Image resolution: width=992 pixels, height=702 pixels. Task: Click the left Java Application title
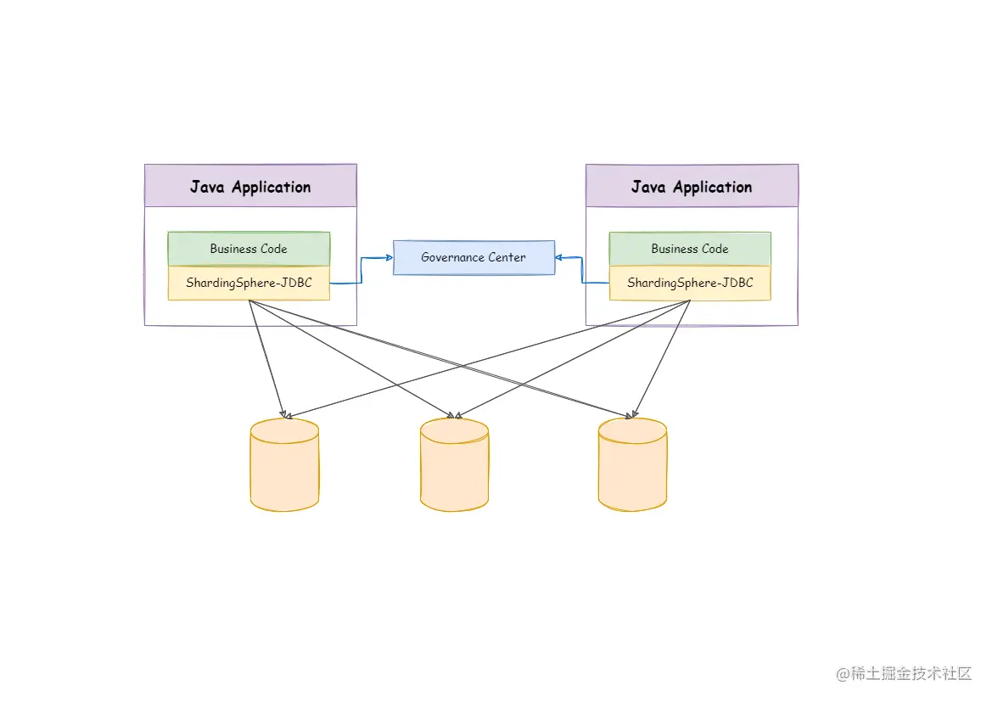pos(250,187)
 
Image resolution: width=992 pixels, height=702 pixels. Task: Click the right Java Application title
pos(692,187)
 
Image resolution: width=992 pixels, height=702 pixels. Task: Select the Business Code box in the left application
pos(249,249)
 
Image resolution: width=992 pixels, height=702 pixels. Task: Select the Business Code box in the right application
pos(690,249)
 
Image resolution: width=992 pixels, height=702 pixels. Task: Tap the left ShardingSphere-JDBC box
pos(249,283)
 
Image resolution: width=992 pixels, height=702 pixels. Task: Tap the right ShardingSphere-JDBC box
pos(690,283)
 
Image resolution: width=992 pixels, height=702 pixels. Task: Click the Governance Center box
pos(474,257)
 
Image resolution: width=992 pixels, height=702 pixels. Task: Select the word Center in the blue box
pos(507,257)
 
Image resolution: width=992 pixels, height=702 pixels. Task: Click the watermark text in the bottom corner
pos(904,674)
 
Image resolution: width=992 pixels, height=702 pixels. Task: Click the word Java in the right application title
pos(648,187)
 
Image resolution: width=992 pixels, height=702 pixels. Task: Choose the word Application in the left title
pos(272,187)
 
